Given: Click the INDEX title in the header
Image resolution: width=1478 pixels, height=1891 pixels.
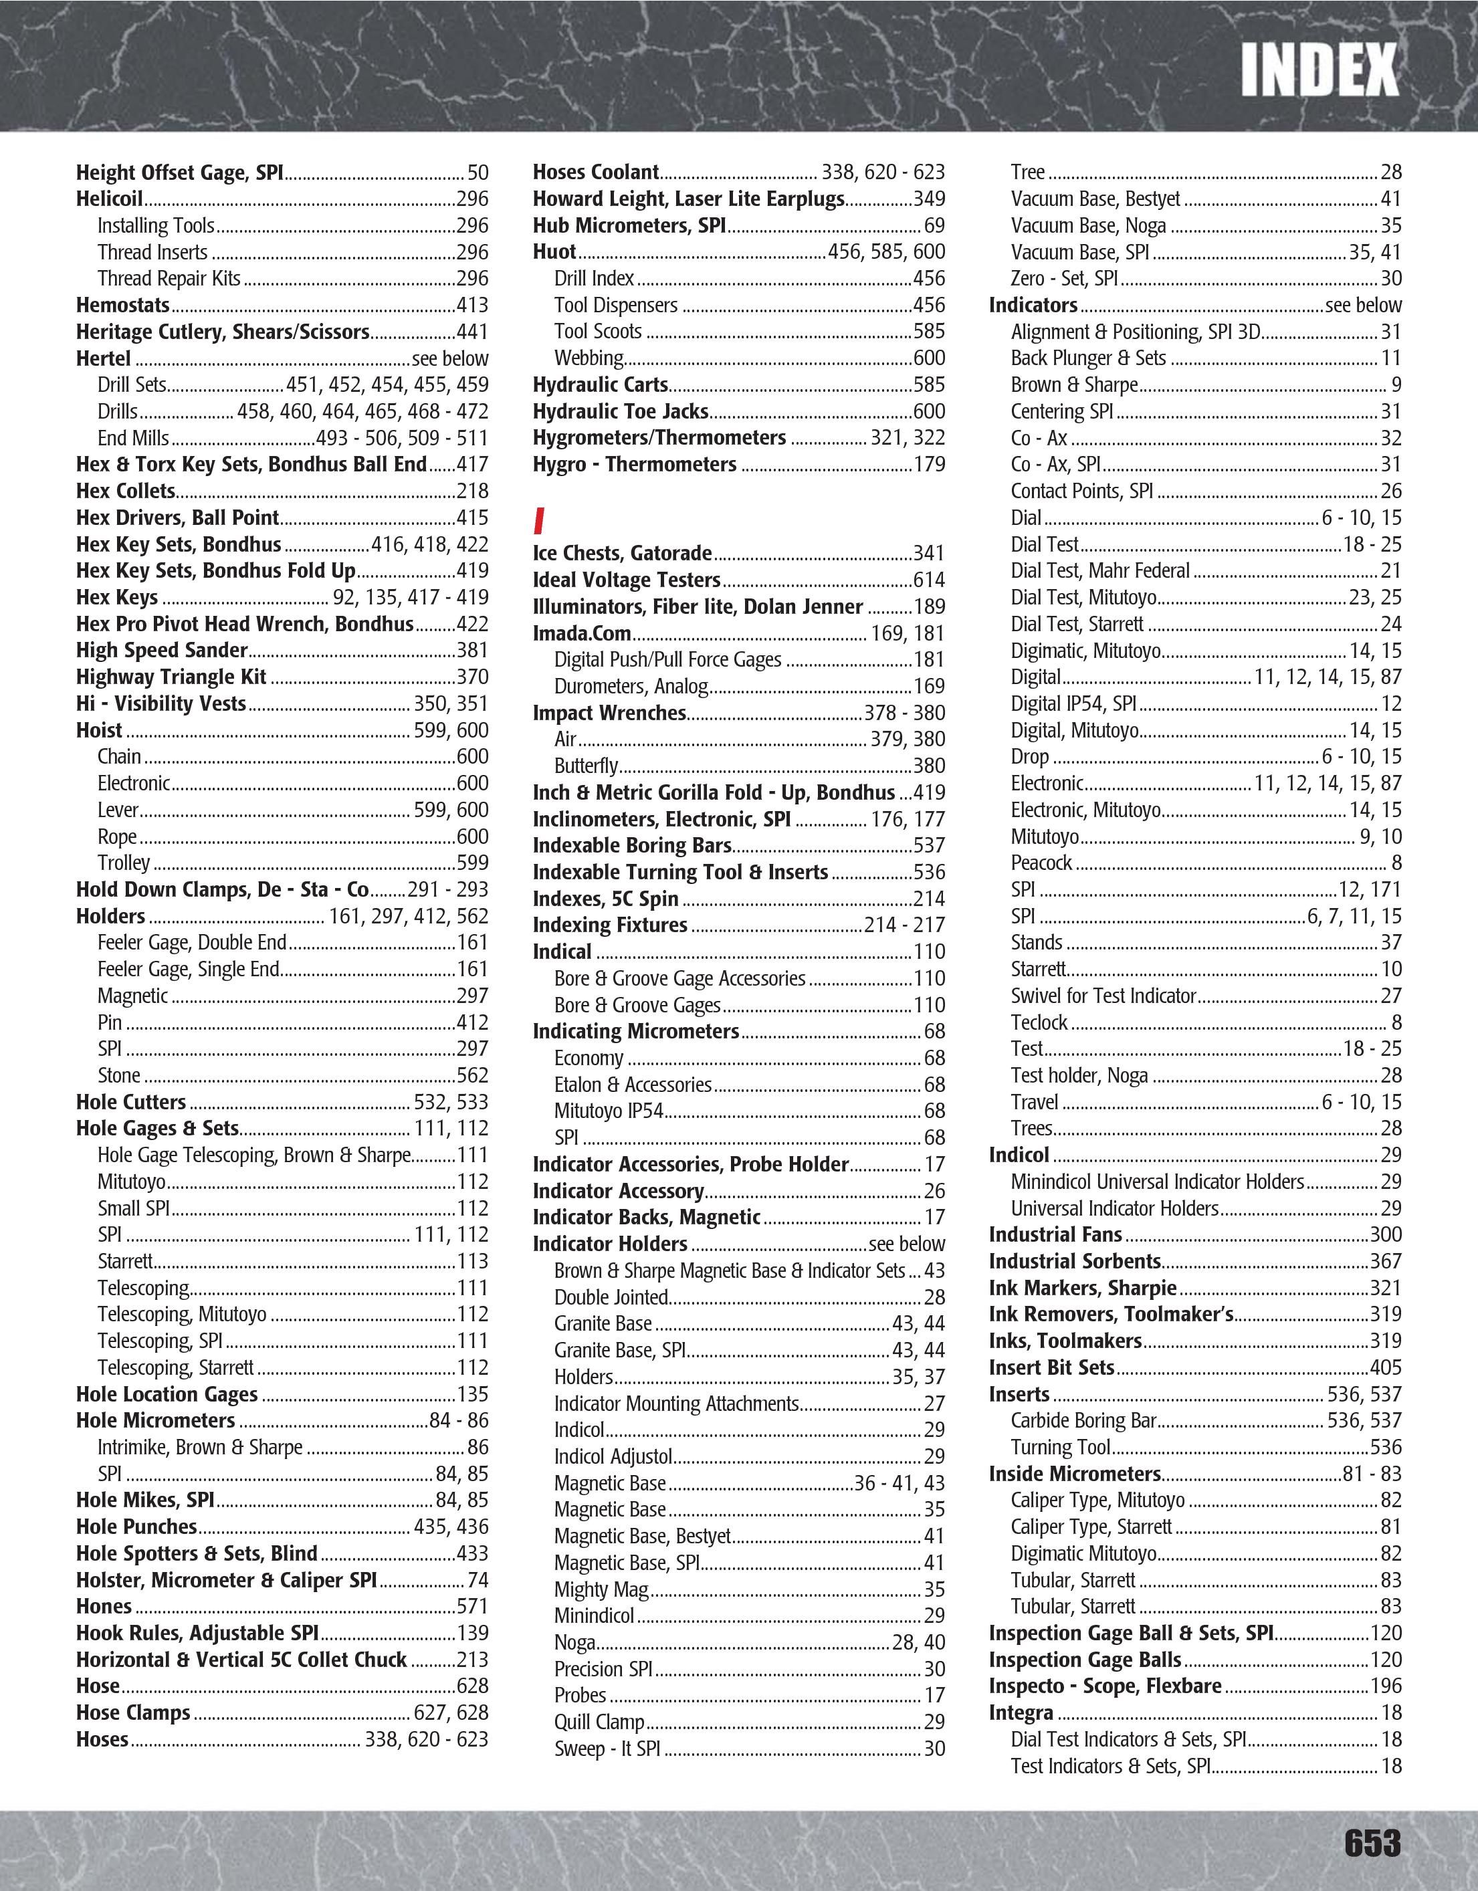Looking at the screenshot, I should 1319,70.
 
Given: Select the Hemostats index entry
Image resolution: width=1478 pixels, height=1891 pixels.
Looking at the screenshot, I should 123,305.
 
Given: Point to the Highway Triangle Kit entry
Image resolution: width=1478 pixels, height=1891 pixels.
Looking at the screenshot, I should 171,677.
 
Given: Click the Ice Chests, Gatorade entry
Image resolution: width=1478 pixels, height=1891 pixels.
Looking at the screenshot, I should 622,553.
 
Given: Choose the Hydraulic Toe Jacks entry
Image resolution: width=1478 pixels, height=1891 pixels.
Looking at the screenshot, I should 620,411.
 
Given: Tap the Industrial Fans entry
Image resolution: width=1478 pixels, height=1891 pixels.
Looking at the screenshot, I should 1055,1234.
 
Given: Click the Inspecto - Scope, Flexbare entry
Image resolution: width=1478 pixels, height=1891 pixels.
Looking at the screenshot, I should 1105,1686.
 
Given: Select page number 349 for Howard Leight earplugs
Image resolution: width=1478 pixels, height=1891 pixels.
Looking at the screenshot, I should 929,199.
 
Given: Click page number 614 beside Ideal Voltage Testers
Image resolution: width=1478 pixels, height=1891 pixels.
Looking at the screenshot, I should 929,580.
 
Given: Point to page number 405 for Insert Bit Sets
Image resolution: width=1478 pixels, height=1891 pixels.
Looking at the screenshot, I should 1385,1368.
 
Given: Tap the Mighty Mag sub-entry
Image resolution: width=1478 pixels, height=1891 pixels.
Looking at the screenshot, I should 601,1589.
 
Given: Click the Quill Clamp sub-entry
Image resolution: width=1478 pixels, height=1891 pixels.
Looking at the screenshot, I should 599,1722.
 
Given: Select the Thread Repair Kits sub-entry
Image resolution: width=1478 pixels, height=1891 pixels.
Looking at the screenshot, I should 169,279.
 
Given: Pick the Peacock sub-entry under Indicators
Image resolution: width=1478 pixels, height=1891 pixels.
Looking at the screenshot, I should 1041,863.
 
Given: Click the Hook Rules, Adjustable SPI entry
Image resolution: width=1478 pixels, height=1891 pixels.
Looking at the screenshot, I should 197,1633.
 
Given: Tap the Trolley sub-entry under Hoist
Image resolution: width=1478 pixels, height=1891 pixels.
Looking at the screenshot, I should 123,863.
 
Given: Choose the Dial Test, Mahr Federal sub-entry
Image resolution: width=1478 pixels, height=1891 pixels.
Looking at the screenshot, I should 1099,570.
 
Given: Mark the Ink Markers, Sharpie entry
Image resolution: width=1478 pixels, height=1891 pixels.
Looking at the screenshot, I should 1082,1289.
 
